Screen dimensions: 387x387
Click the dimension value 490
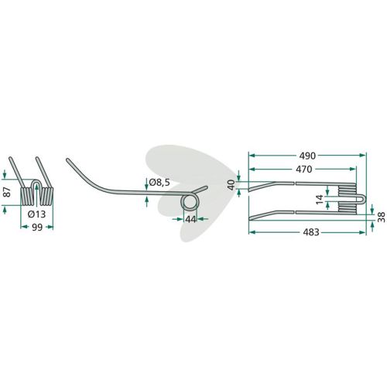pos(307,156)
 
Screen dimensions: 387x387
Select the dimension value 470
pos(303,170)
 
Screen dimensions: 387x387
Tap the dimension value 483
pos(311,232)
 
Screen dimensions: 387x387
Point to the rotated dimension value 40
pos(231,185)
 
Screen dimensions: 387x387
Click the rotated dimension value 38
pos(382,217)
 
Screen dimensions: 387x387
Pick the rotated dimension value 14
pos(320,200)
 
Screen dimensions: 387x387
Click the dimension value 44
pos(190,219)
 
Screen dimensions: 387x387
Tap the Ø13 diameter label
pos(36,214)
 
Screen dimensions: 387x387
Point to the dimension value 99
pos(36,228)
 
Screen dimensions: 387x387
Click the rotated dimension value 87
pos(8,192)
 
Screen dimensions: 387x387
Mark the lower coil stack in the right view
pos(347,208)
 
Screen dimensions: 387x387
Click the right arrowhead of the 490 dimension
pos(363,156)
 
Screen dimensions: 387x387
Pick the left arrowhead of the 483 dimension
pos(252,232)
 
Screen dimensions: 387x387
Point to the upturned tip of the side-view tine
pos(67,159)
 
